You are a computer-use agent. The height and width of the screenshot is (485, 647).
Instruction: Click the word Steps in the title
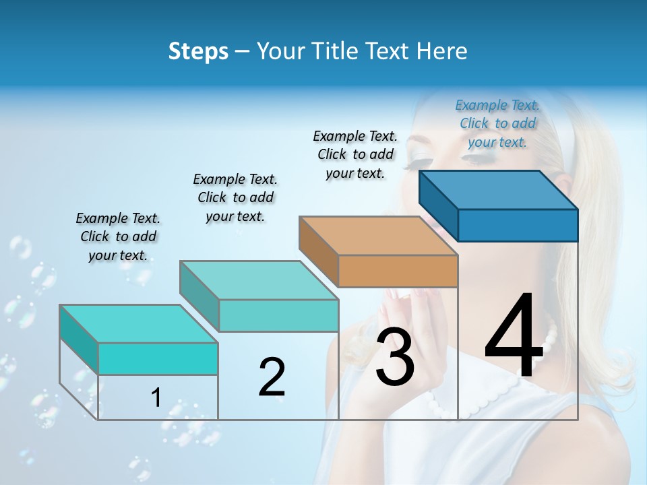coord(197,51)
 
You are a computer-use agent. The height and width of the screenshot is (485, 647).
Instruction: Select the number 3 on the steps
coord(394,358)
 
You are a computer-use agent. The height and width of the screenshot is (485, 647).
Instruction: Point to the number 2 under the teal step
coord(272,377)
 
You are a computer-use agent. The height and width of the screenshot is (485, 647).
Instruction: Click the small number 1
coord(156,397)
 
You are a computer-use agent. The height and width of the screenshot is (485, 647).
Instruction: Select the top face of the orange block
coord(378,236)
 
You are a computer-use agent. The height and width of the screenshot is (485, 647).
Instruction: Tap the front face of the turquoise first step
coord(158,358)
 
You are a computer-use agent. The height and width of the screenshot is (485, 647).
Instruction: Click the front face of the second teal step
coord(278,315)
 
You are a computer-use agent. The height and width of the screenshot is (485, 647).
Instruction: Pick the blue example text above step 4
coord(497,123)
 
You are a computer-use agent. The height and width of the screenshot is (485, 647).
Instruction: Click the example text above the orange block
coord(355,154)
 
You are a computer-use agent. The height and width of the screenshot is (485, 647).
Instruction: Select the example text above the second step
coord(235,197)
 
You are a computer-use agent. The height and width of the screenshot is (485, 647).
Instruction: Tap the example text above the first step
coord(118,236)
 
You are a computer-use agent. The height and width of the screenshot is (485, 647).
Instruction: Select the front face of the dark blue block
coord(518,225)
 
